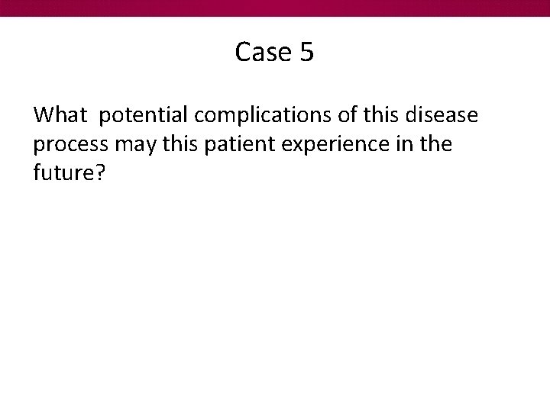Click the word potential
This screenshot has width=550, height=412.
coord(144,116)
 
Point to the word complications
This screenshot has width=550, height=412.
coord(260,116)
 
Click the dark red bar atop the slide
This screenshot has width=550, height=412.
coord(275,8)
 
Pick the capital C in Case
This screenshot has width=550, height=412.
coord(244,52)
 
